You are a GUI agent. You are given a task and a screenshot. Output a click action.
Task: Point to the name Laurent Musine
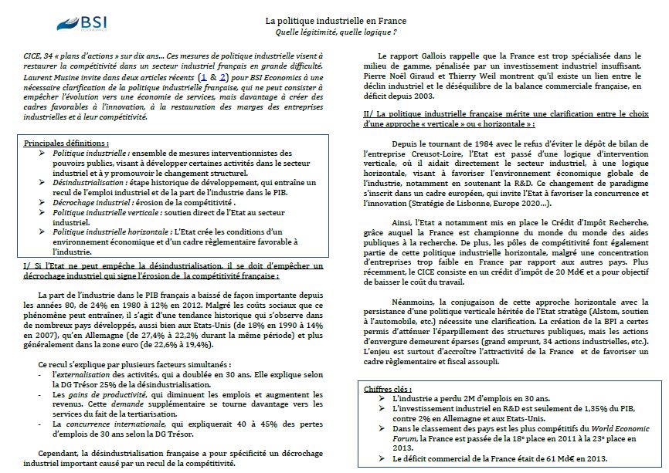click(49, 79)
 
